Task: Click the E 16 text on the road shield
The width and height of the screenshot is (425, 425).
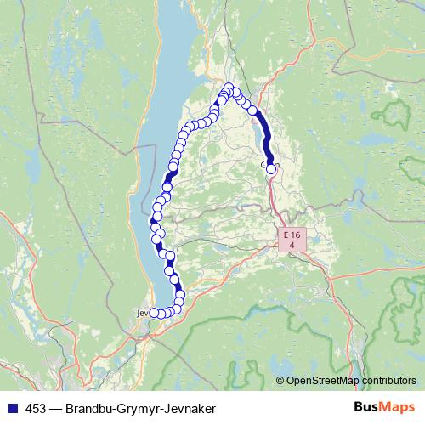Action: click(292, 234)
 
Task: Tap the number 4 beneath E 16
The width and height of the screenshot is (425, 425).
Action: click(292, 245)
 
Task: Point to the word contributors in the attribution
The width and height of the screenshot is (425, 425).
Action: click(388, 381)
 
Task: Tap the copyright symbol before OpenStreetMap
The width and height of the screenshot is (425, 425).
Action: click(280, 381)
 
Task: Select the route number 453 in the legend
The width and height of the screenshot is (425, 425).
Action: click(37, 409)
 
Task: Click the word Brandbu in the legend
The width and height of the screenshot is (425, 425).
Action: click(91, 409)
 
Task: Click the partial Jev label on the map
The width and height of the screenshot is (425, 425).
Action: click(142, 313)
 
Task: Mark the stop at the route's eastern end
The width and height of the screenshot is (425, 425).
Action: click(271, 168)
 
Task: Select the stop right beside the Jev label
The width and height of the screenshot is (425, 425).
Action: click(154, 314)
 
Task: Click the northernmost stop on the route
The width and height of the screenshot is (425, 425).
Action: click(229, 87)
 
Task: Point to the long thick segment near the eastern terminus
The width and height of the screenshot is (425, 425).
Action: click(265, 136)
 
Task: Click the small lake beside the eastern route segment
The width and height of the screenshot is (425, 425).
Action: click(256, 136)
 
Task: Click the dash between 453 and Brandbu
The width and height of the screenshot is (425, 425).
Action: click(55, 409)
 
